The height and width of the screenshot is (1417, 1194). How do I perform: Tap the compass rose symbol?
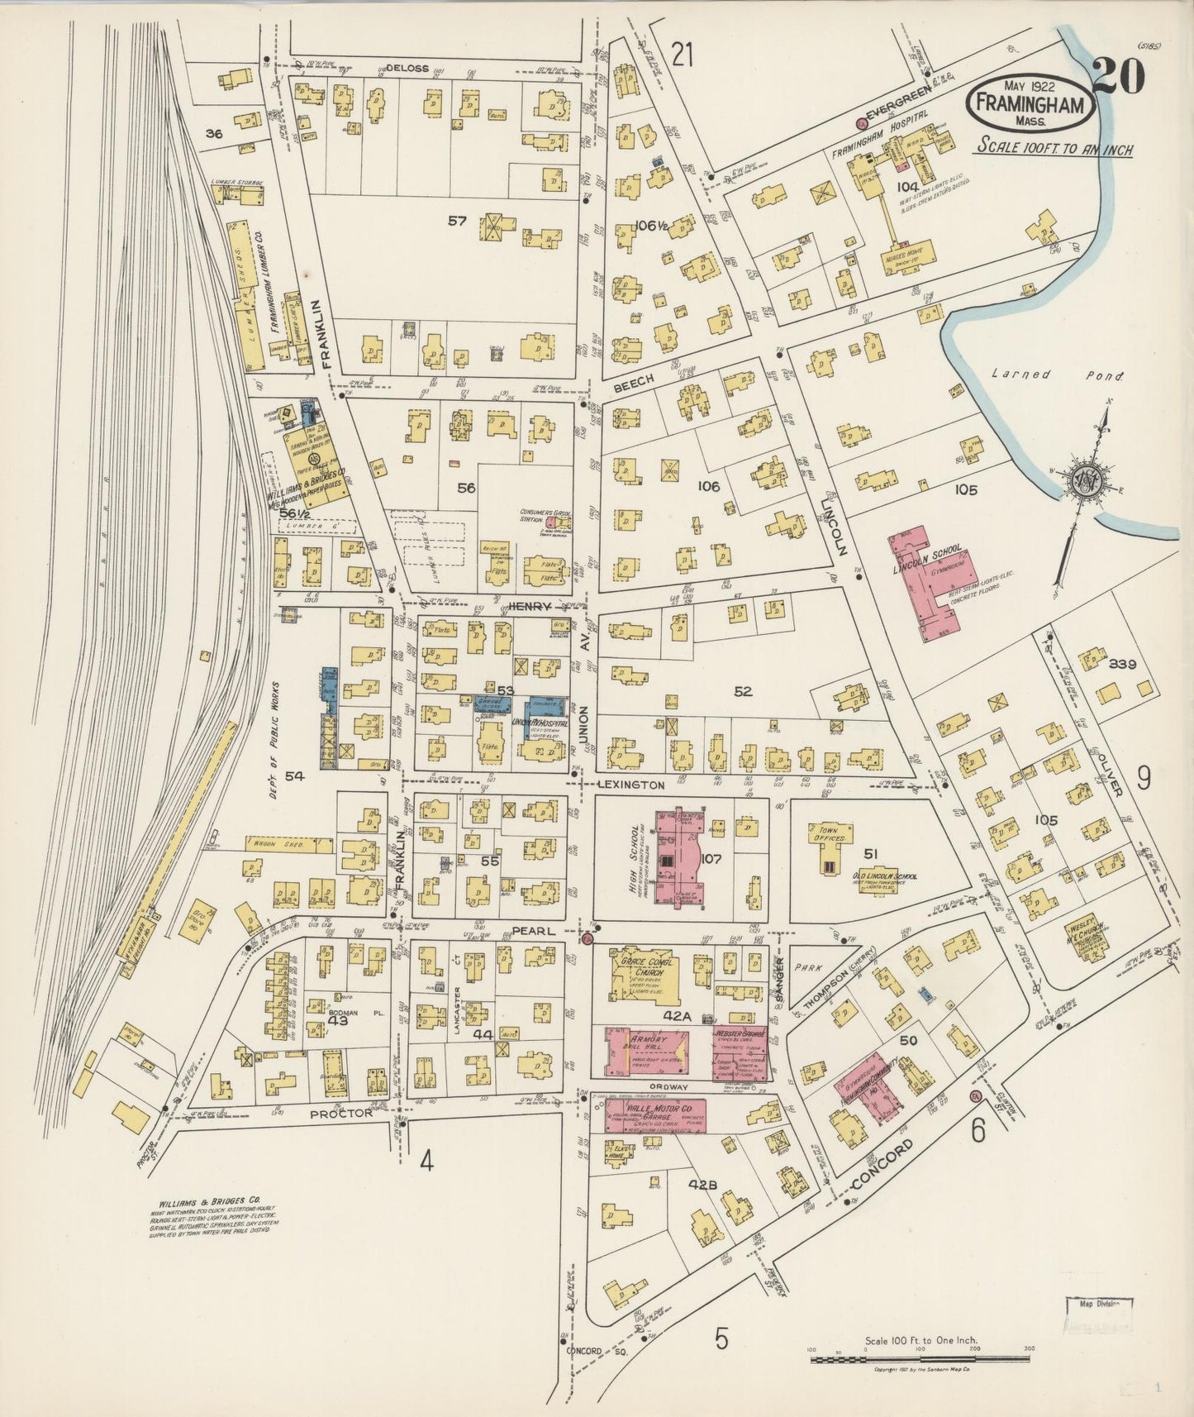(x=1083, y=482)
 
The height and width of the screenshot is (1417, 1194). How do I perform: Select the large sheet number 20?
(x=1119, y=77)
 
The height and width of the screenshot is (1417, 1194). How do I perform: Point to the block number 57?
(x=457, y=221)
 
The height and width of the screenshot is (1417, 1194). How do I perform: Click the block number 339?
(x=1123, y=664)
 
